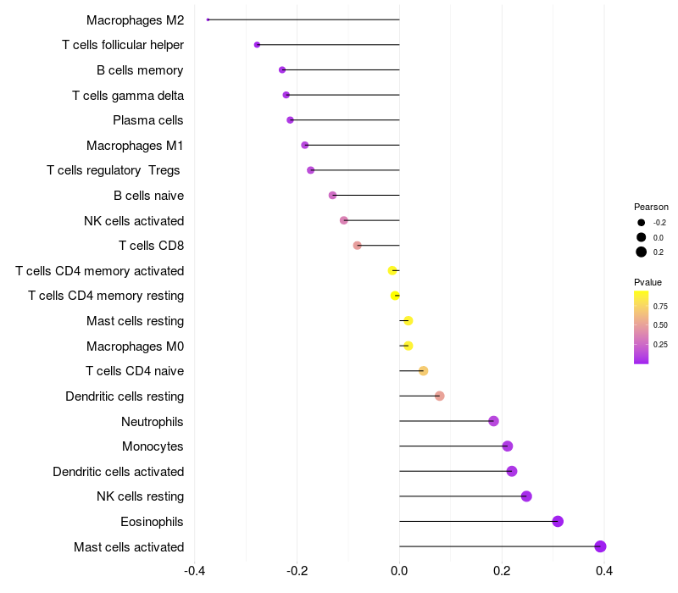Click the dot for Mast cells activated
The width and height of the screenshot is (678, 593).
pos(600,546)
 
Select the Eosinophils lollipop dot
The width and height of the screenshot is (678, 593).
pos(558,521)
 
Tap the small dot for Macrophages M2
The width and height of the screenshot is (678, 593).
pos(208,19)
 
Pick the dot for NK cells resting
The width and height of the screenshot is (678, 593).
pos(526,496)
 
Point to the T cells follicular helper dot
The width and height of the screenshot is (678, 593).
pos(257,45)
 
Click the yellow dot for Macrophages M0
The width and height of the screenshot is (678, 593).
pos(408,346)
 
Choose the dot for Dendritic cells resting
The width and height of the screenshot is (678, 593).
pos(439,396)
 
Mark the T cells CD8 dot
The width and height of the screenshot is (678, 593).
pos(358,246)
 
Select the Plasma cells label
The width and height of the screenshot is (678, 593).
pos(148,120)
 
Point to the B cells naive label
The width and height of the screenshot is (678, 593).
pos(148,196)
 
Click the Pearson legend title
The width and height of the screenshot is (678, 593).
pos(651,207)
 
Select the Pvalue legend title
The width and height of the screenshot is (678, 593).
pos(647,282)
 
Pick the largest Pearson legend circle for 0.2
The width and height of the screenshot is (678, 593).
pos(642,252)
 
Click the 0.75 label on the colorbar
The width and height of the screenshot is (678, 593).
pos(660,306)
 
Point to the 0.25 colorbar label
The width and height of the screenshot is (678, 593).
pos(660,344)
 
